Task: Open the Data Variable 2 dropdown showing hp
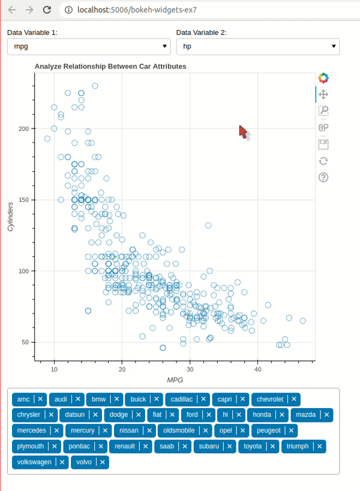pos(257,46)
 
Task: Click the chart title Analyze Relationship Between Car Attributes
pos(110,66)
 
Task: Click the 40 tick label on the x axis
pos(258,368)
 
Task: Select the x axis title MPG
pos(175,380)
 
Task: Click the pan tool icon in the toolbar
pos(323,94)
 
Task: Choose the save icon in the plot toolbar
pos(323,144)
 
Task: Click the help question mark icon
pos(323,177)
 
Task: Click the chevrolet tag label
pos(270,399)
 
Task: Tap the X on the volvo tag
pos(103,462)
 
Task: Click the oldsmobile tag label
pos(179,430)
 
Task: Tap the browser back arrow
pos(11,10)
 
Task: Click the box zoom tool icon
pos(323,110)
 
